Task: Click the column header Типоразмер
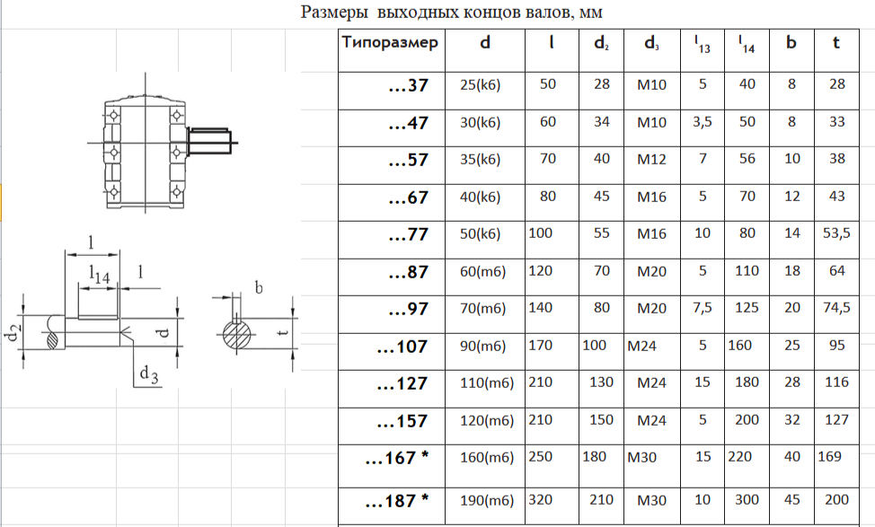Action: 390,42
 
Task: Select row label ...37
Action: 409,85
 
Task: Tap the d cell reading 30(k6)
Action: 480,123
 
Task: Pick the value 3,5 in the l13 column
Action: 702,122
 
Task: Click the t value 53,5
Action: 836,233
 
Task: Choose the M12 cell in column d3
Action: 652,160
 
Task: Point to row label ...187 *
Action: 397,501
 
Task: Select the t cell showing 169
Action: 830,457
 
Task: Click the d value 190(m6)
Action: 487,501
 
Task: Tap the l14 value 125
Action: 747,308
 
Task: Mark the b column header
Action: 791,42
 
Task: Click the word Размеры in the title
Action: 334,13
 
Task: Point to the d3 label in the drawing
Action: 149,374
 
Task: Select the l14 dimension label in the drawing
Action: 100,274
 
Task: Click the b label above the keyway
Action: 259,287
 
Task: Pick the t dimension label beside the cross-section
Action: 284,332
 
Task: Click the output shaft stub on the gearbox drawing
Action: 210,141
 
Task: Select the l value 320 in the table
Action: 540,500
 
